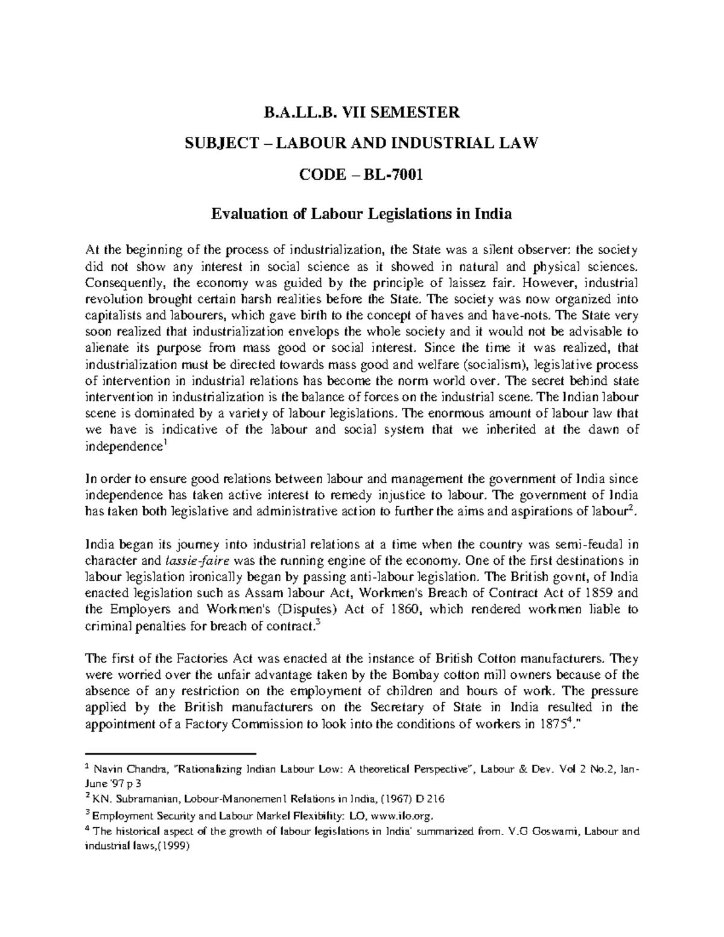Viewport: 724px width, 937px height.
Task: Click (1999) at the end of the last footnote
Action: [171, 845]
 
